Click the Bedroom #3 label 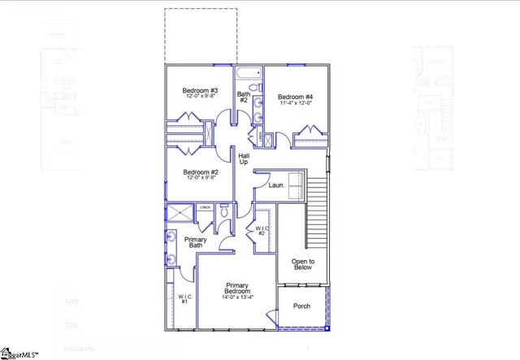coord(199,89)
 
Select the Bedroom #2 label coord(200,172)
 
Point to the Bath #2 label coord(244,97)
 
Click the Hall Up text coord(244,158)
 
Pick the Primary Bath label coord(196,242)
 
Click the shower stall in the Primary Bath coord(180,212)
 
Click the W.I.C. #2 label coord(262,231)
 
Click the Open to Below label coord(302,263)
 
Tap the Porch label coord(301,306)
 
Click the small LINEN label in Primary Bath coord(206,208)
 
